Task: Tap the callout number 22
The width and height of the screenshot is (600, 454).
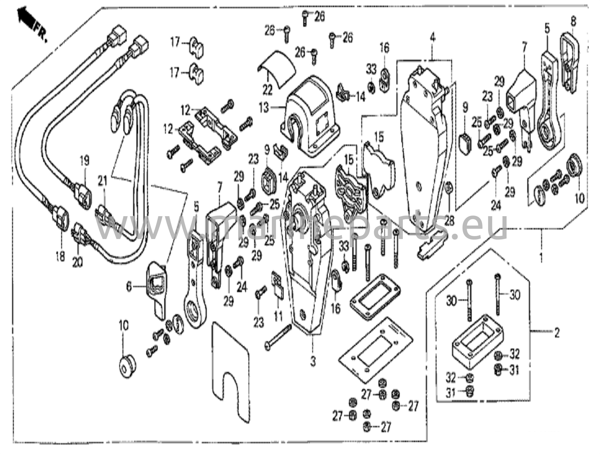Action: (x=267, y=90)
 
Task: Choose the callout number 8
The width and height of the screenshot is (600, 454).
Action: (x=573, y=21)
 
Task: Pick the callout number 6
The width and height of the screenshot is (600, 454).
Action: (x=129, y=287)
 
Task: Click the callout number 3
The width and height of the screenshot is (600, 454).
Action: (x=313, y=362)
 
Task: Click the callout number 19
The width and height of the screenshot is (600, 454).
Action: (x=85, y=161)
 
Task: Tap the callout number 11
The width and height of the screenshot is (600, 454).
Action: (x=278, y=316)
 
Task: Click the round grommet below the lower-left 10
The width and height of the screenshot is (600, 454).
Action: (x=127, y=366)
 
